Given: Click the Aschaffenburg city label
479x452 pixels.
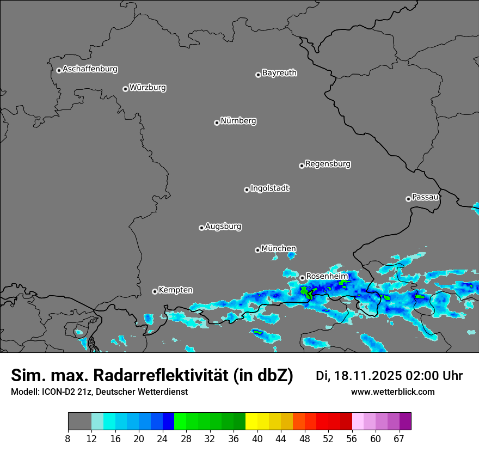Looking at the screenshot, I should (x=90, y=69).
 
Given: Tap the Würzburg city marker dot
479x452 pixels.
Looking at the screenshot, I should (x=125, y=89).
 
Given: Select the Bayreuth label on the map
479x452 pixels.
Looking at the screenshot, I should (x=279, y=73).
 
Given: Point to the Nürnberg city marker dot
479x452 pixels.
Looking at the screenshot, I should (x=217, y=123).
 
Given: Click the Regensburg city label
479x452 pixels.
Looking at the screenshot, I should (x=328, y=164).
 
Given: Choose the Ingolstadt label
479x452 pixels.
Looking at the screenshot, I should (x=270, y=188).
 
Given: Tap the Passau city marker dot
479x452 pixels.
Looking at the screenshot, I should (x=408, y=199).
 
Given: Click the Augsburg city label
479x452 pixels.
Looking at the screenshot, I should (x=223, y=227).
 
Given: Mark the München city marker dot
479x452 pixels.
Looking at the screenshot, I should (x=257, y=250).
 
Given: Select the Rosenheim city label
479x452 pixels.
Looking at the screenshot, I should (x=327, y=277).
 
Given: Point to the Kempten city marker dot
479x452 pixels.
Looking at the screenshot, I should (x=155, y=291).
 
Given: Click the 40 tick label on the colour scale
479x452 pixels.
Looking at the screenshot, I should (x=257, y=439).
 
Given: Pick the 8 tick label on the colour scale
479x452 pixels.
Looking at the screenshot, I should (x=68, y=439).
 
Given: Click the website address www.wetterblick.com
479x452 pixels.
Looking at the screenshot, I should (x=392, y=392).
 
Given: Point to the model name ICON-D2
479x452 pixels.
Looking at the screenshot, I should (x=57, y=392).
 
